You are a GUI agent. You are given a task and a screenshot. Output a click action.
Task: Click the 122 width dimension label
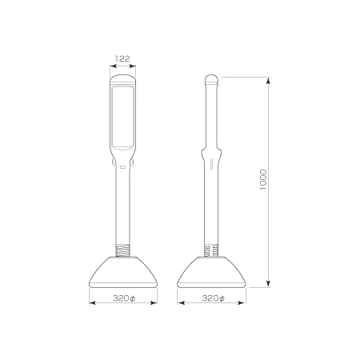coord(122,58)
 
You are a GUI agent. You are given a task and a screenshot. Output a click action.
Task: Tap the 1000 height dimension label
coord(263,179)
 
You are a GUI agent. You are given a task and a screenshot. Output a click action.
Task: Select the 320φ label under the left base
coord(124,298)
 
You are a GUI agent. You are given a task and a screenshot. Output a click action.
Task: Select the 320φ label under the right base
coord(213,298)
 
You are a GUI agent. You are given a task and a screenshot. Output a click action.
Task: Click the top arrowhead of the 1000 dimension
coord(269,81)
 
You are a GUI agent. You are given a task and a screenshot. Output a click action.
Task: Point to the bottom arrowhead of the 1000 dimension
coord(269,284)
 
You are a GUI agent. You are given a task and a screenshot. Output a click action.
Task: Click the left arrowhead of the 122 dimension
coord(113,66)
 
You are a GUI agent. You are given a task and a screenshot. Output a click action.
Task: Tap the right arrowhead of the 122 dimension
coord(133,66)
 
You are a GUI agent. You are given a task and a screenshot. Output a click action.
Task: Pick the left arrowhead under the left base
coord(93,302)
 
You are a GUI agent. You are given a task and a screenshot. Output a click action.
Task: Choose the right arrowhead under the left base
coord(154,302)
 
